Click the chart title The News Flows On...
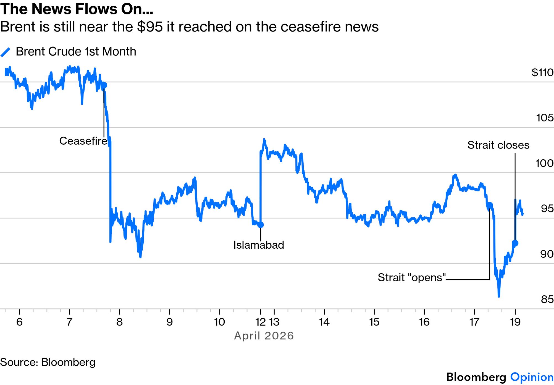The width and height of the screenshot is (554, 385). pos(77,9)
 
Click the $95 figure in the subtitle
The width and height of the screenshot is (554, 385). pos(150,27)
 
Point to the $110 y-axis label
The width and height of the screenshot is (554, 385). pos(542,72)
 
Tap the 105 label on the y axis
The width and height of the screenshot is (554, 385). pos(545,118)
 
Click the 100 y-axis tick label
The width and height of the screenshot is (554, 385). pos(544,163)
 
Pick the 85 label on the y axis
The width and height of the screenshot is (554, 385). pos(547,299)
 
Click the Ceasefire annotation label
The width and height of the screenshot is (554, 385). pos(83,141)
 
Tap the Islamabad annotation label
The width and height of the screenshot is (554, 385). pos(259,245)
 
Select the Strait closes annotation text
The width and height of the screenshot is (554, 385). pos(498,145)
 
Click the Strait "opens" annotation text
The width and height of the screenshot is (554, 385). pos(412,277)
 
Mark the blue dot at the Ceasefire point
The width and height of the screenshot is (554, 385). pos(104,85)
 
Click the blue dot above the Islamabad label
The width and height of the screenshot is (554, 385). pos(261,225)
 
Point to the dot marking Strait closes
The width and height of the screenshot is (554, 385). pos(515,243)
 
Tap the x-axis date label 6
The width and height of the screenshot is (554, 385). pos(19,322)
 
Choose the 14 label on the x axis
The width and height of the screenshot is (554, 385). pos(324,322)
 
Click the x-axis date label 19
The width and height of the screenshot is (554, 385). pos(515,322)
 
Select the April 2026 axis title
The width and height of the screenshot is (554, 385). pos(264,336)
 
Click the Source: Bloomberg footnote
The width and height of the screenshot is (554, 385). pos(48,362)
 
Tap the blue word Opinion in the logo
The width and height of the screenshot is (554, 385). pos(532,377)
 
